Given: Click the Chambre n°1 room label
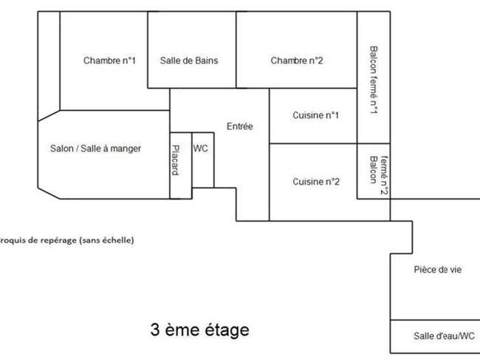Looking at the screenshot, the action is point(109,61).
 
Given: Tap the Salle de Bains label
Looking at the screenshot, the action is point(189,61).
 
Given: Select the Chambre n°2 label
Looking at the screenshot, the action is point(297,61).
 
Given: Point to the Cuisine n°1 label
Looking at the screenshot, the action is point(315,115).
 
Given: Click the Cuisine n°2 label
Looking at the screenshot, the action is point(316,182).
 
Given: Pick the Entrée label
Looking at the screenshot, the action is point(240,126).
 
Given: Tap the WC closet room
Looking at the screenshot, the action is point(202,160).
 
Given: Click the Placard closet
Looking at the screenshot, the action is point(181,166).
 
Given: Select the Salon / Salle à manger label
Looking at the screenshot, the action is point(95,149).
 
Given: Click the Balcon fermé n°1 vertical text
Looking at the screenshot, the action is point(374,81).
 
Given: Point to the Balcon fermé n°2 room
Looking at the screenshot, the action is point(374,171).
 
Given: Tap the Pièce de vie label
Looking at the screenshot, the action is point(438,270).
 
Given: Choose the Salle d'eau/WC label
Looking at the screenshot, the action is point(444,336).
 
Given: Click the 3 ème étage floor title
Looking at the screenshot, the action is point(199,330).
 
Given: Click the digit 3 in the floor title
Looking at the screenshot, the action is point(155,330).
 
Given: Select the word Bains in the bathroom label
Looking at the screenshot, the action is point(207,61).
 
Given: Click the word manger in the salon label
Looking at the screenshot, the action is point(126,149).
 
